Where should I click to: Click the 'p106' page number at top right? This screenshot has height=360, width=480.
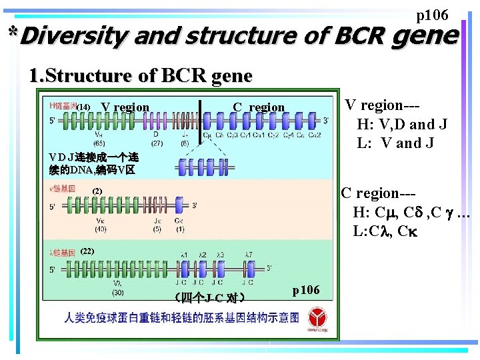[432, 15]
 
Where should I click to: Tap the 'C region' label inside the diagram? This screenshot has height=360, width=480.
[259, 107]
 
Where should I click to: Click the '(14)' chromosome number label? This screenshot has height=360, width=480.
[83, 107]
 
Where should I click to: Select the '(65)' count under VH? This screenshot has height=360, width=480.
[99, 143]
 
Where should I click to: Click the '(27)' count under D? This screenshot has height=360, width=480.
[157, 143]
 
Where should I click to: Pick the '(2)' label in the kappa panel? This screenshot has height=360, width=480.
[97, 192]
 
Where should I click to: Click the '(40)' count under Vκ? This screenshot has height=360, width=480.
[100, 229]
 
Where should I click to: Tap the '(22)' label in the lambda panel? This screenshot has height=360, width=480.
[87, 251]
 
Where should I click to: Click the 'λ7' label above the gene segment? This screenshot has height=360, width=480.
[248, 254]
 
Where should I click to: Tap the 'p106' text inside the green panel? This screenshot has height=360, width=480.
[306, 289]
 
